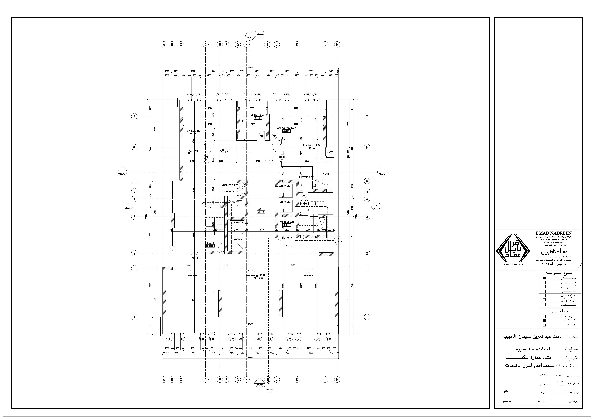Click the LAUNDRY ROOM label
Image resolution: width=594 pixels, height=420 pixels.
(x=193, y=131)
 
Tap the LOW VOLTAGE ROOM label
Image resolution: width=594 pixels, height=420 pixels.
(x=286, y=128)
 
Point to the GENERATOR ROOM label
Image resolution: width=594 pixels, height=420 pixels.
(x=311, y=145)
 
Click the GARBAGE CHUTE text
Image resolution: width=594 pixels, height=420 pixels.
(x=230, y=185)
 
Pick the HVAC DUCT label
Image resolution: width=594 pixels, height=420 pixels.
(x=327, y=174)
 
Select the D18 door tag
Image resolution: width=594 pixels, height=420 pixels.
(x=287, y=237)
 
